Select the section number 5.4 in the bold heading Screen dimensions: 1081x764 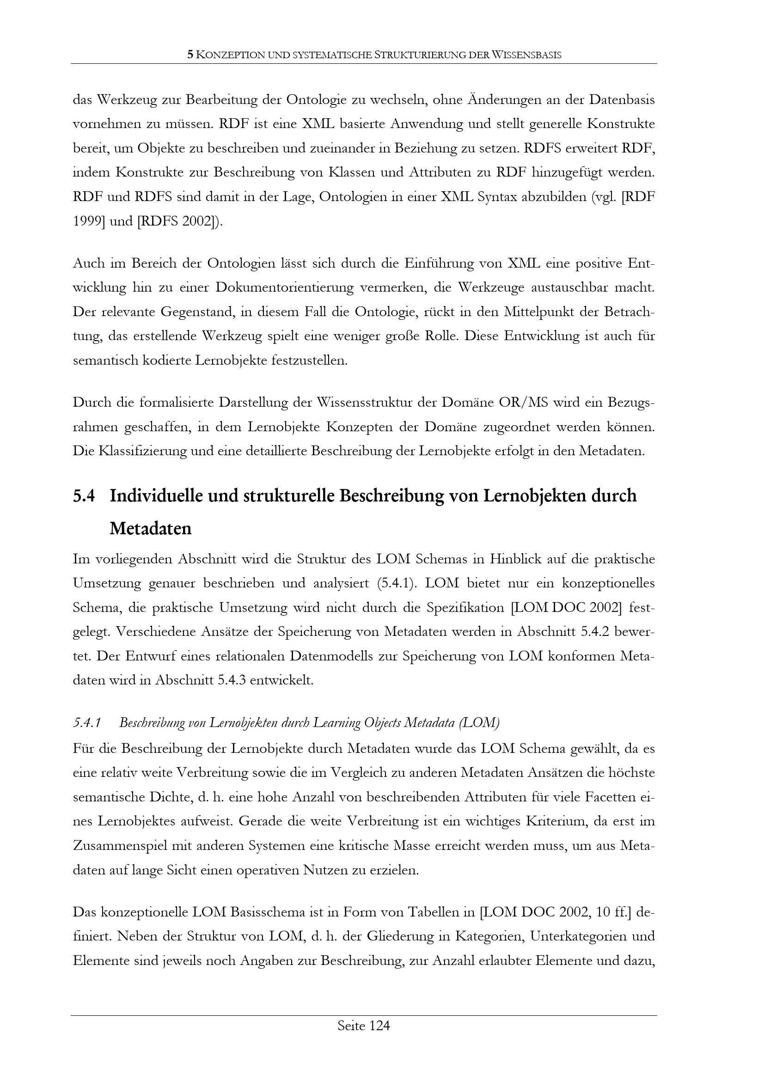click(84, 496)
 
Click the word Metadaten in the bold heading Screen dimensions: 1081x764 click(150, 529)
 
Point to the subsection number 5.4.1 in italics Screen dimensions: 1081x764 click(87, 723)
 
